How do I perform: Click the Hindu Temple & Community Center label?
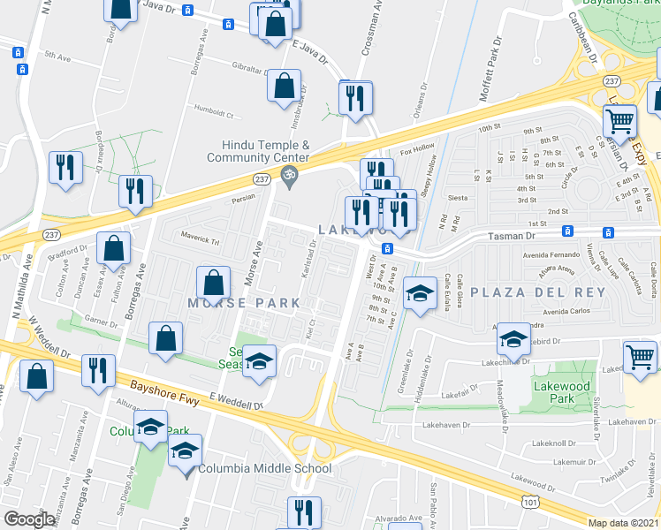[x=258, y=151]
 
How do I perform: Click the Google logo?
[x=29, y=519]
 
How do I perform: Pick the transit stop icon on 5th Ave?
[x=19, y=52]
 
